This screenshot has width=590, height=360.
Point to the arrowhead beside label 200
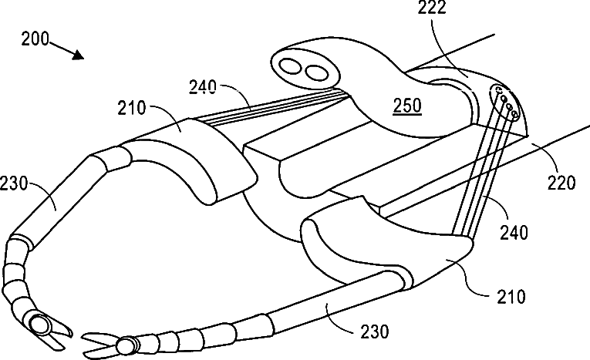[x=78, y=55]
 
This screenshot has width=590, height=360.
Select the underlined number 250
[x=406, y=106]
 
